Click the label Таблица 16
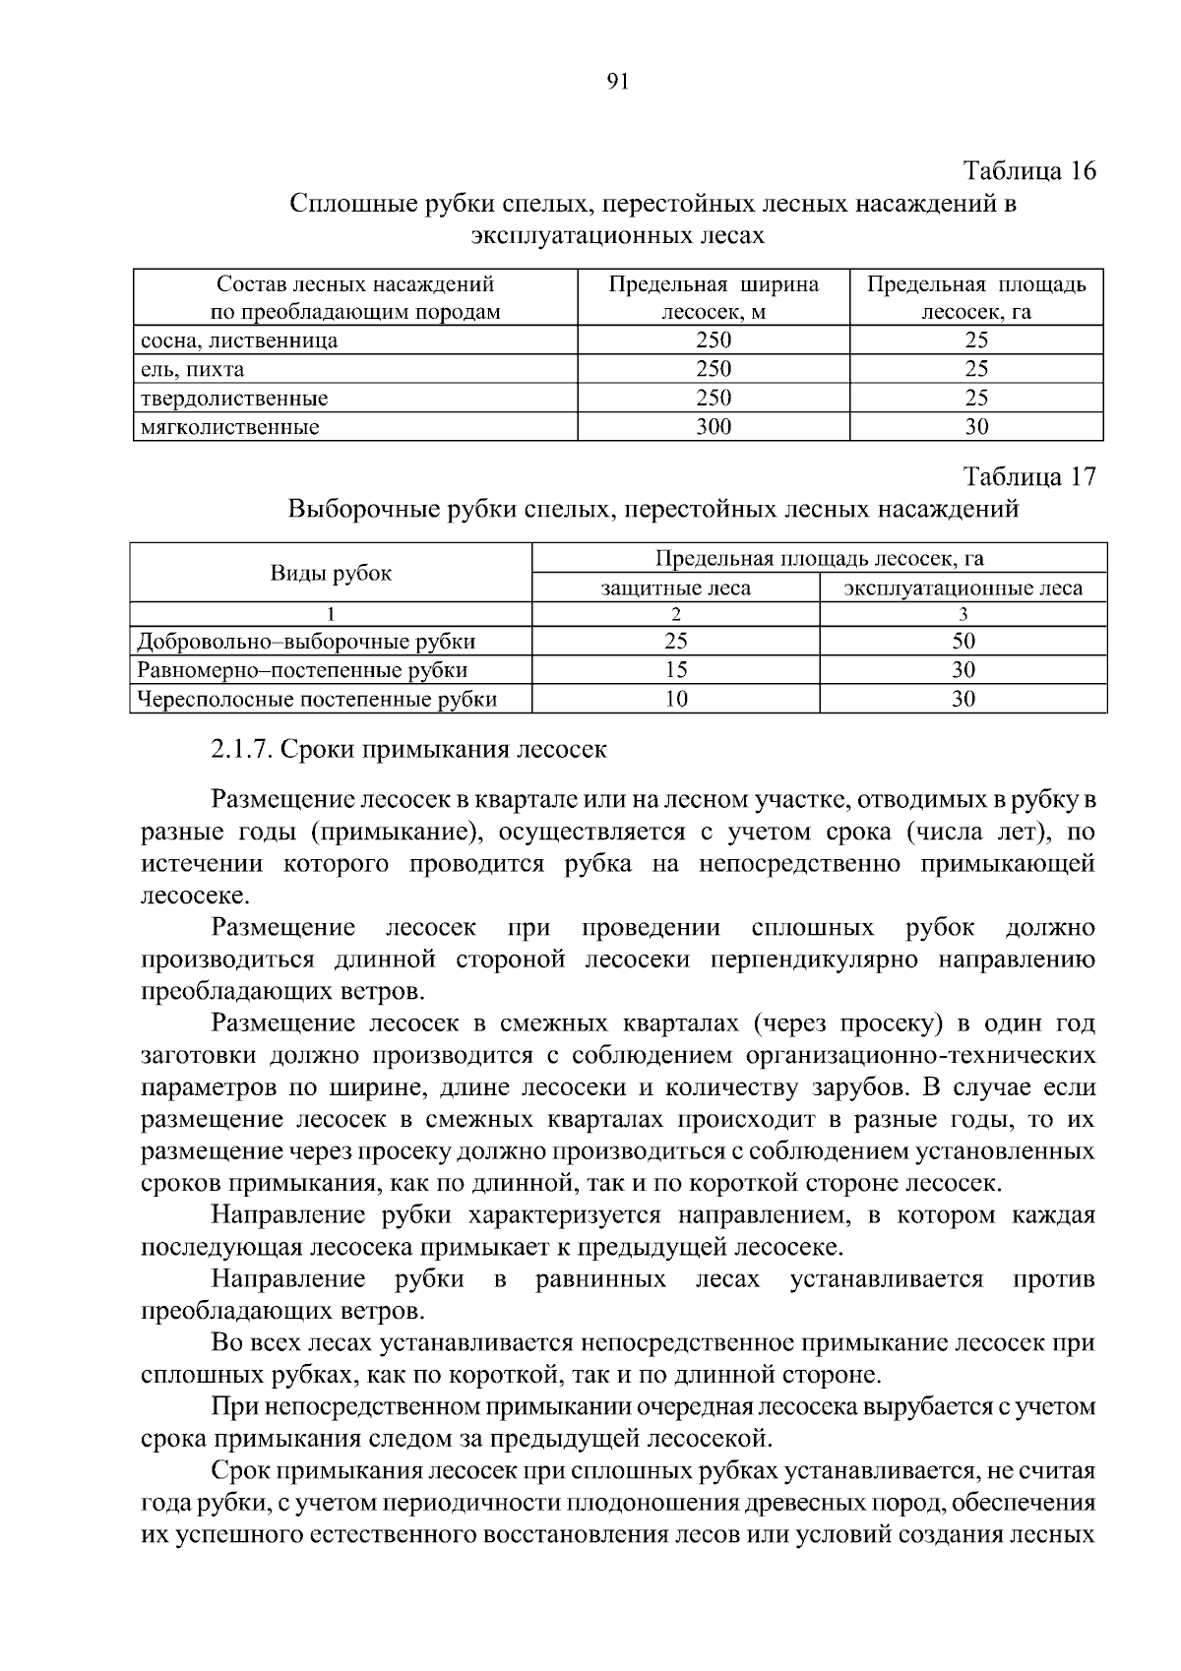click(1028, 170)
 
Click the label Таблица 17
click(1028, 477)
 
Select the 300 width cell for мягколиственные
click(714, 427)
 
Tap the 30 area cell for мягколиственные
click(976, 427)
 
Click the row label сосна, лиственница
click(240, 341)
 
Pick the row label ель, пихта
click(193, 370)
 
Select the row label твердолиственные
click(234, 399)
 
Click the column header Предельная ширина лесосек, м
click(714, 298)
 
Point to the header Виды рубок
click(331, 574)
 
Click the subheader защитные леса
click(675, 588)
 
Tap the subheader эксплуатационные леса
click(963, 588)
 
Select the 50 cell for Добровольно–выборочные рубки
click(963, 642)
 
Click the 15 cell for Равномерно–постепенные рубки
click(675, 670)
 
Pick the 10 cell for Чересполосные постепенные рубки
click(675, 699)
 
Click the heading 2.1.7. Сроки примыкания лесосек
click(408, 749)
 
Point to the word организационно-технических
click(921, 1055)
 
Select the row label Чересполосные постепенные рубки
click(317, 700)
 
